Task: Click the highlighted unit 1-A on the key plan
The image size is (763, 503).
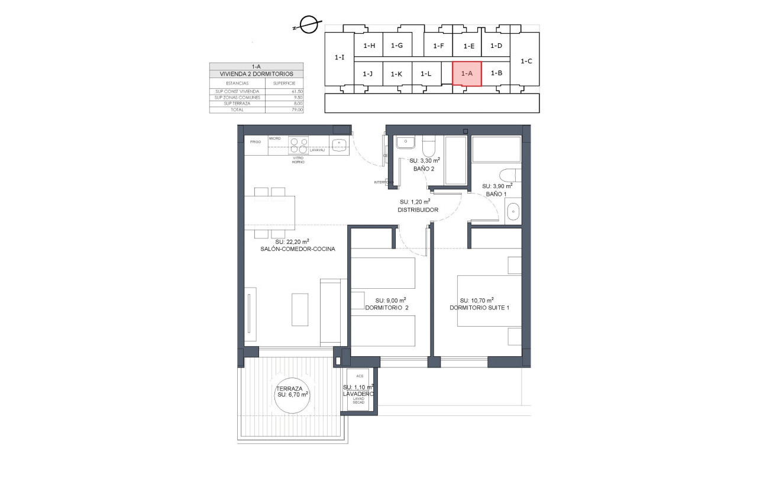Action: pos(467,73)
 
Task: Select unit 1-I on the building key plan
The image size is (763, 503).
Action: pos(339,58)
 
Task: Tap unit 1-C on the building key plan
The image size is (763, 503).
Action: pos(526,60)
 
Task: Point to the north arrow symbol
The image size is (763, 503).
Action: pos(307,25)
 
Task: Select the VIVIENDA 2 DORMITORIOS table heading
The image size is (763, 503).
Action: pos(256,74)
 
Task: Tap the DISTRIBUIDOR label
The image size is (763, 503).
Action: pos(418,209)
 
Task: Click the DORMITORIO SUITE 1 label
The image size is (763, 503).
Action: pos(479,307)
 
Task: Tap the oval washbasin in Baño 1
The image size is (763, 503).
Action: pos(513,211)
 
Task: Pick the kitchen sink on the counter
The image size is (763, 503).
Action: pos(338,143)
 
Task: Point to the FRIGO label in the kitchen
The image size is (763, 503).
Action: pos(256,142)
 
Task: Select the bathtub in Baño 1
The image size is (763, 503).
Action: pos(496,149)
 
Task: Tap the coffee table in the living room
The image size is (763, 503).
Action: pos(300,308)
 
